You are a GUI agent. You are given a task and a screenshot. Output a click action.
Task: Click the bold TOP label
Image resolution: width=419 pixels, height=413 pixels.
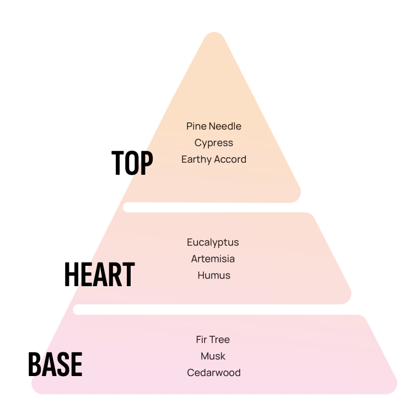click(x=132, y=163)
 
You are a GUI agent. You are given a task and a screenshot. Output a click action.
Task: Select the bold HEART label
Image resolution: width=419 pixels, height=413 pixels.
click(x=99, y=274)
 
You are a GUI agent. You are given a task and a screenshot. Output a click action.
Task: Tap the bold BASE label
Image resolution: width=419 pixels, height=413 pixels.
click(x=55, y=364)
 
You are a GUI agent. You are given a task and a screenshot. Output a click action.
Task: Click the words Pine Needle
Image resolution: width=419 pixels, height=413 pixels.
click(x=214, y=126)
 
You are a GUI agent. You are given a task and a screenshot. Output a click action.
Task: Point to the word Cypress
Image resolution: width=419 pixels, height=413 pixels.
click(x=214, y=143)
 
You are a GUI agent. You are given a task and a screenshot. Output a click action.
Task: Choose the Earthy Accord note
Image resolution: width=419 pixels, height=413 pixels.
click(x=214, y=159)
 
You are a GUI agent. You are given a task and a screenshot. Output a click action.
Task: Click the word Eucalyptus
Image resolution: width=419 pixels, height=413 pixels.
click(x=213, y=243)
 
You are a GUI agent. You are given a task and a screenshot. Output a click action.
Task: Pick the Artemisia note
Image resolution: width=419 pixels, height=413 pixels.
click(x=213, y=259)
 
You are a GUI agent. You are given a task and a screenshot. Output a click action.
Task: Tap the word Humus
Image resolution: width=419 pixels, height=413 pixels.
click(x=214, y=275)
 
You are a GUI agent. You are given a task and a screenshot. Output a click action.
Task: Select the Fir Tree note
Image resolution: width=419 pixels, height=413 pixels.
click(x=213, y=340)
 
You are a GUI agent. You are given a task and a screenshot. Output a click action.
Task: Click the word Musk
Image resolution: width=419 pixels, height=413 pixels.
click(x=213, y=356)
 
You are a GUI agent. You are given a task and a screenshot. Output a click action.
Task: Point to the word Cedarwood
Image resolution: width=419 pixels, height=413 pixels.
click(x=214, y=373)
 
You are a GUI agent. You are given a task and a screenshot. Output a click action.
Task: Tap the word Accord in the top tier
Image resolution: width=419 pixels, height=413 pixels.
click(x=230, y=159)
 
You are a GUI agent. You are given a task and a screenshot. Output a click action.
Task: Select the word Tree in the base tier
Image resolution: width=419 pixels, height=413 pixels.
click(x=220, y=340)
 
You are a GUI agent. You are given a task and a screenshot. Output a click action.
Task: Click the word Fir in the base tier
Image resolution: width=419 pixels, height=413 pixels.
click(x=202, y=340)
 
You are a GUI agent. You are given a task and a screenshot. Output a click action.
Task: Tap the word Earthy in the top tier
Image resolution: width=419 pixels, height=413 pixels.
click(x=196, y=160)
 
